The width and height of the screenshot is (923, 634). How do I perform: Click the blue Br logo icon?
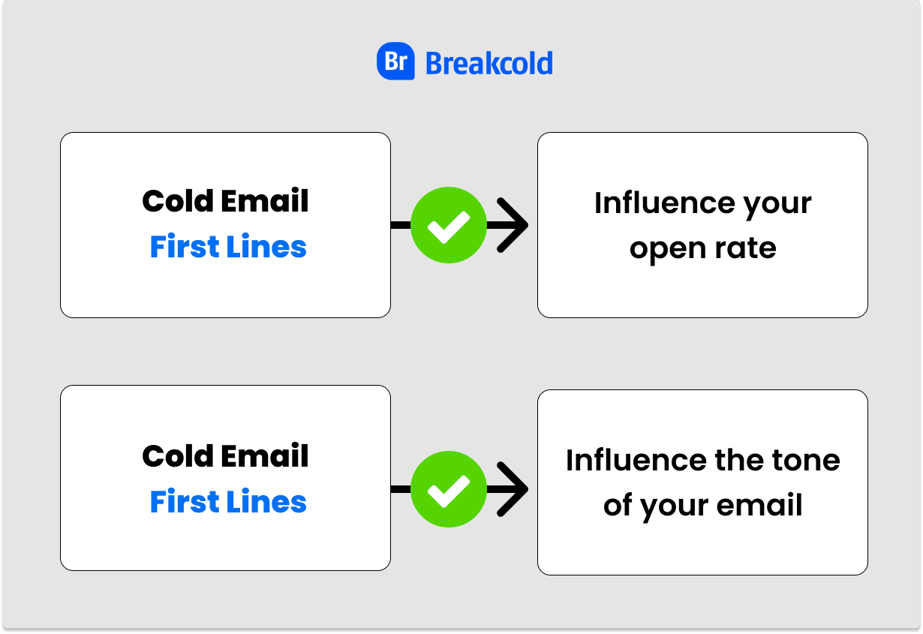point(395,62)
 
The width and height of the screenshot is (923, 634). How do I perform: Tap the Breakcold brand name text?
point(489,63)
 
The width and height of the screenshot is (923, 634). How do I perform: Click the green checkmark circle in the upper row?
point(449,225)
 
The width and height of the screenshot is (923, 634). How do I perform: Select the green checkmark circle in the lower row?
point(449,489)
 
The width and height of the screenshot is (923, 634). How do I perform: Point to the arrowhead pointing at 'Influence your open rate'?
point(514,225)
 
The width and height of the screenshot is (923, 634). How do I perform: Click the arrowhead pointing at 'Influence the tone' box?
point(514,489)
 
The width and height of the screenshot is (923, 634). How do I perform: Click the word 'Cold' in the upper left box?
point(172,201)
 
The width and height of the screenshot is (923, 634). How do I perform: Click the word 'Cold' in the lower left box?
point(172,456)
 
